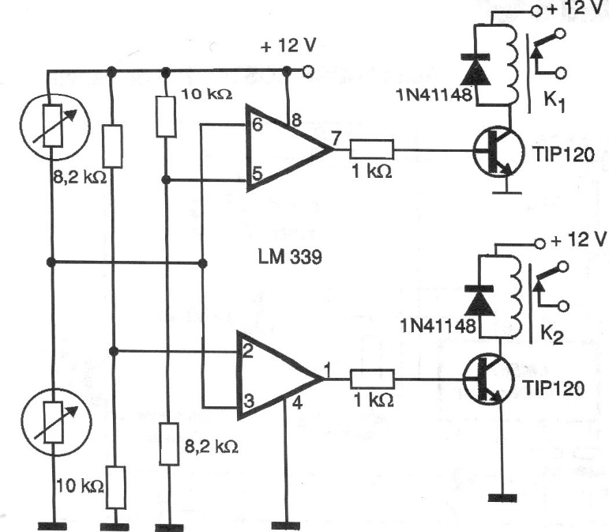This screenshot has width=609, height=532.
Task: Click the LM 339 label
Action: pyautogui.click(x=290, y=257)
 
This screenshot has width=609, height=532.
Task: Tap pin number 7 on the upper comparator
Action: pyautogui.click(x=336, y=138)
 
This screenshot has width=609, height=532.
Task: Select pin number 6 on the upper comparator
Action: pyautogui.click(x=257, y=125)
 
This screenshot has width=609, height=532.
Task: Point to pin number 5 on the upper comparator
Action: pyautogui.click(x=258, y=173)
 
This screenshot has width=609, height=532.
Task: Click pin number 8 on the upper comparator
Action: pyautogui.click(x=296, y=120)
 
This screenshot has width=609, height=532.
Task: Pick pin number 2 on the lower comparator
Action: pyautogui.click(x=248, y=351)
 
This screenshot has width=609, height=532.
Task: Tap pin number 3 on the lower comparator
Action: pyautogui.click(x=249, y=401)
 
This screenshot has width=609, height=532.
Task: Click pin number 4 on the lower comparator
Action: pyautogui.click(x=297, y=403)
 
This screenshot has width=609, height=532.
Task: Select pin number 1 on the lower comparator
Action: pyautogui.click(x=327, y=370)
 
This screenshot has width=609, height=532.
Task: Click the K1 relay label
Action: pyautogui.click(x=554, y=101)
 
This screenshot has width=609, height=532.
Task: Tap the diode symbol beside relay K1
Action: pyautogui.click(x=476, y=70)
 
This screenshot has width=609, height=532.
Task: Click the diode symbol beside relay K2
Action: pyautogui.click(x=479, y=300)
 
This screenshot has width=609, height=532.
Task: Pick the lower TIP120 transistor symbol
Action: pyautogui.click(x=488, y=379)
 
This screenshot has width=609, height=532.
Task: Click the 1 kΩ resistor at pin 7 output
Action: pyautogui.click(x=372, y=149)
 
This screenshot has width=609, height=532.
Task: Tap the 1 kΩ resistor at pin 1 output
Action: pyautogui.click(x=373, y=379)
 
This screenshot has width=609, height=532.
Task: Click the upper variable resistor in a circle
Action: pyautogui.click(x=55, y=125)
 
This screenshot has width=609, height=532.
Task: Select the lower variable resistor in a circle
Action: pyautogui.click(x=56, y=422)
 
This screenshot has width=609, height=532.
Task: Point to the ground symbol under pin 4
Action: pyautogui.click(x=286, y=526)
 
